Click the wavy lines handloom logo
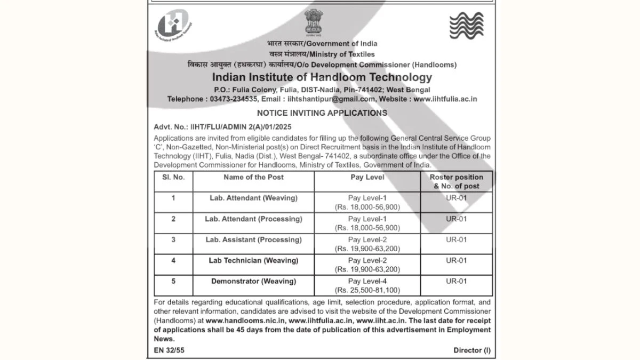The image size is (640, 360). click(x=466, y=25)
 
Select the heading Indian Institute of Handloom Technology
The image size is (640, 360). click(x=322, y=78)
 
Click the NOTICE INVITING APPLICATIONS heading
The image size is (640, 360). click(x=322, y=113)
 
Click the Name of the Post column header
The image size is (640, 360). click(x=253, y=177)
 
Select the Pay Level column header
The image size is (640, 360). click(x=367, y=177)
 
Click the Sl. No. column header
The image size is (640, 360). click(x=173, y=177)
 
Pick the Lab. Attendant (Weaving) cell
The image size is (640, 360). click(x=253, y=198)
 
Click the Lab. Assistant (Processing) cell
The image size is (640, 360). click(x=253, y=239)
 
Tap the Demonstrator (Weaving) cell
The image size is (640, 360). click(x=253, y=281)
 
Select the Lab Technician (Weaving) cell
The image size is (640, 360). click(x=253, y=260)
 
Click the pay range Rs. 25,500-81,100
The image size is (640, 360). click(x=367, y=290)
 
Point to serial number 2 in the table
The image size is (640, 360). click(x=173, y=219)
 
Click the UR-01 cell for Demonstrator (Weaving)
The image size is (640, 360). click(x=456, y=281)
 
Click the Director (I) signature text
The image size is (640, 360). click(x=471, y=350)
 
